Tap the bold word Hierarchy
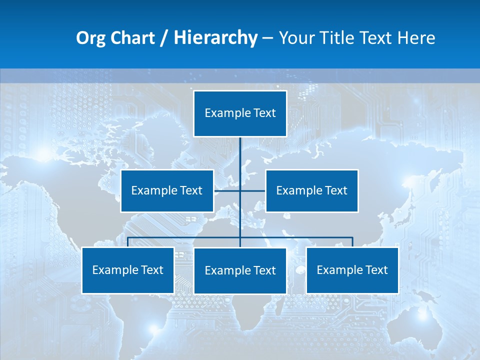[x=215, y=38]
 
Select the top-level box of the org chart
[x=240, y=113]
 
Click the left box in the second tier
[x=167, y=190]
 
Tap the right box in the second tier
[x=311, y=190]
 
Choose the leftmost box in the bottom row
[x=128, y=270]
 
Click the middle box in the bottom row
[x=240, y=270]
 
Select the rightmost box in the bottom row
[x=352, y=270]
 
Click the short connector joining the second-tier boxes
[x=227, y=190]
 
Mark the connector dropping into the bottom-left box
[x=128, y=242]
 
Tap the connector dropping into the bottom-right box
[x=352, y=242]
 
